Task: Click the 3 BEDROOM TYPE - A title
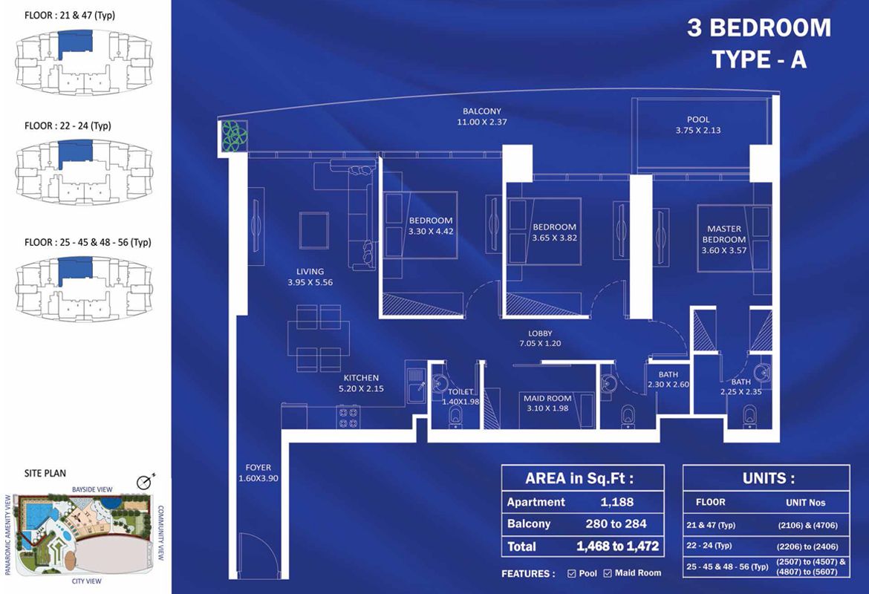point(758,44)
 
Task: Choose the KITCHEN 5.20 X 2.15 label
point(361,383)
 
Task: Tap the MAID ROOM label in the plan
point(547,403)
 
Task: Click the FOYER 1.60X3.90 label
point(258,473)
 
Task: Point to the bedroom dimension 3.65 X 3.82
point(554,238)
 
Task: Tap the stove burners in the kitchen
point(348,417)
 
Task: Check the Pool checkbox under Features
point(571,573)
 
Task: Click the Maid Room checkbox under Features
point(608,573)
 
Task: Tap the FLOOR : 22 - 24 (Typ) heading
point(68,125)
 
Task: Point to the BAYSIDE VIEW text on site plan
point(91,489)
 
